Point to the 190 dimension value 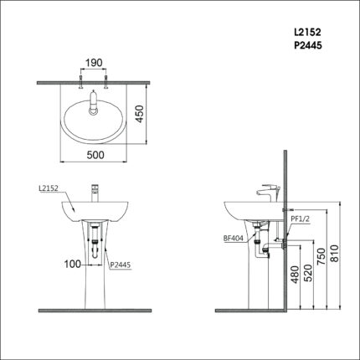(x=93, y=63)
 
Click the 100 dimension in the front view (x=73, y=263)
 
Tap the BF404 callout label (x=233, y=238)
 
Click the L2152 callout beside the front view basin (x=49, y=190)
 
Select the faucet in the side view (x=269, y=190)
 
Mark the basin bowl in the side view (x=247, y=209)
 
